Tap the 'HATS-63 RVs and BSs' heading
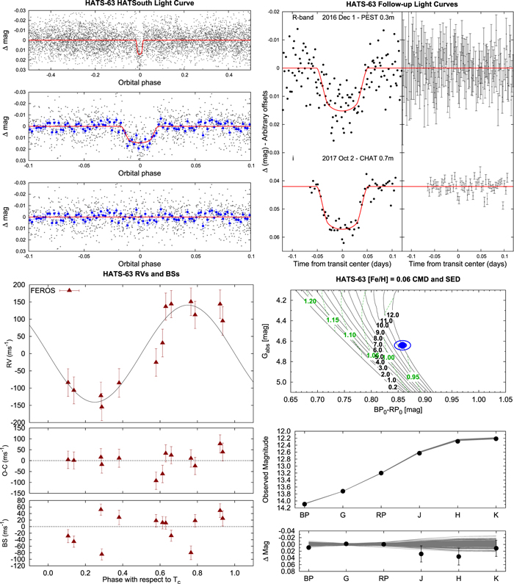pos(138,275)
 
